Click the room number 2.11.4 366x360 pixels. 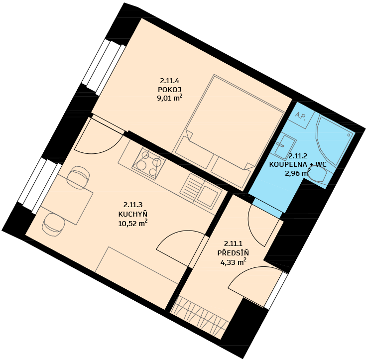169,81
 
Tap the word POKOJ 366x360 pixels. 170,90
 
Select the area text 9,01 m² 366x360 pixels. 170,98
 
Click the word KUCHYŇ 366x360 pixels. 133,214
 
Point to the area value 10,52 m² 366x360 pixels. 133,224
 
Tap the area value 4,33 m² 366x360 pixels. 233,262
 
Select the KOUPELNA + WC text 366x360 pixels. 298,164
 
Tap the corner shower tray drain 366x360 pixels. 349,135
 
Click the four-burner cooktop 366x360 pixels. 149,163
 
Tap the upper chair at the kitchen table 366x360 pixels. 78,177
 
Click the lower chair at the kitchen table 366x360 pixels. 53,225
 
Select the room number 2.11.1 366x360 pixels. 233,244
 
